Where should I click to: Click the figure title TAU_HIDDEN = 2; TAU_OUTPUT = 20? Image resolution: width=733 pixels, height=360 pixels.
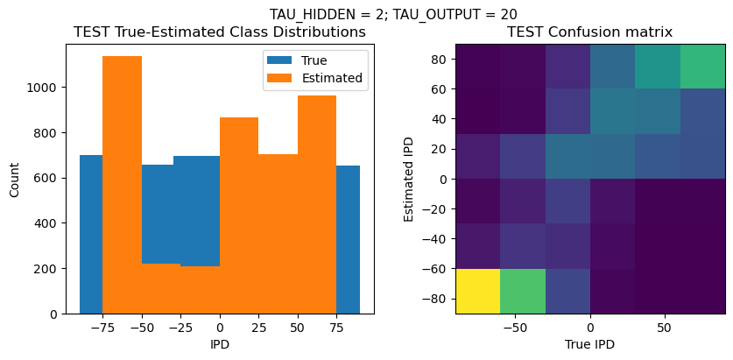tap(392, 14)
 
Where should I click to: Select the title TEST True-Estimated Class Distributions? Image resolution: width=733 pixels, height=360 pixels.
tap(219, 32)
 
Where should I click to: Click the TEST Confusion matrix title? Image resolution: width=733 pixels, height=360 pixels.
tap(589, 32)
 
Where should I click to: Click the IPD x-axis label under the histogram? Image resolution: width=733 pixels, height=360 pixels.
tap(220, 345)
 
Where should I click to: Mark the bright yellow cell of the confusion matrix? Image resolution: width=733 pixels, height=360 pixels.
tap(477, 291)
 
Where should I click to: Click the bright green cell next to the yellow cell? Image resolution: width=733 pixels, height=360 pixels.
tap(523, 291)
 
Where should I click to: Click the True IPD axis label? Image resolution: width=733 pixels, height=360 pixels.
tap(589, 345)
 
